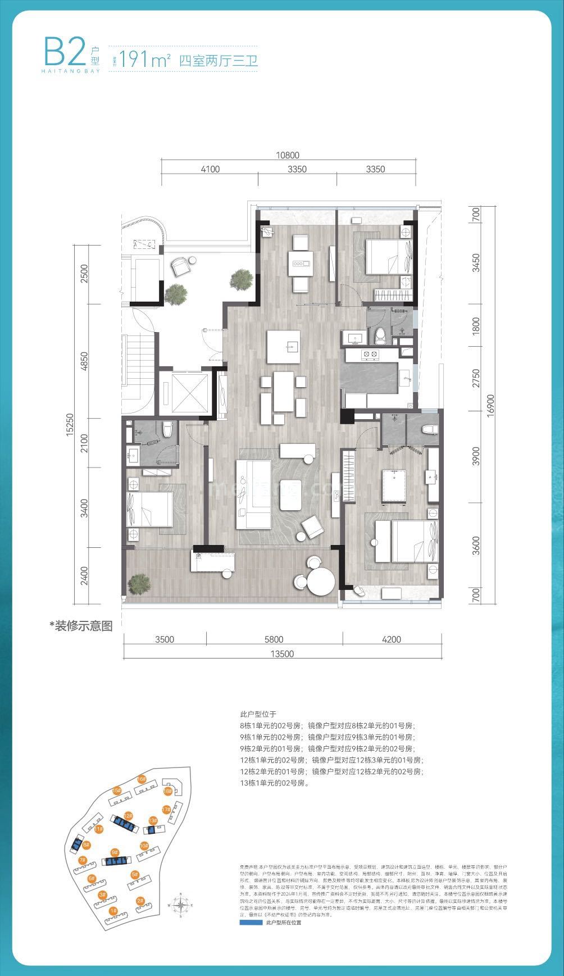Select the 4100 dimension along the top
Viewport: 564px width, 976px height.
[209, 169]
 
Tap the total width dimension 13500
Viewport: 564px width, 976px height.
[282, 653]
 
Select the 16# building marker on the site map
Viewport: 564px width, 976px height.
[142, 779]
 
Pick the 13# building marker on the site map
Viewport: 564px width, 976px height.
[152, 820]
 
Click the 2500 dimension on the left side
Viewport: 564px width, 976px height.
[85, 275]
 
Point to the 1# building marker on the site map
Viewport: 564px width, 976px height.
[113, 910]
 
